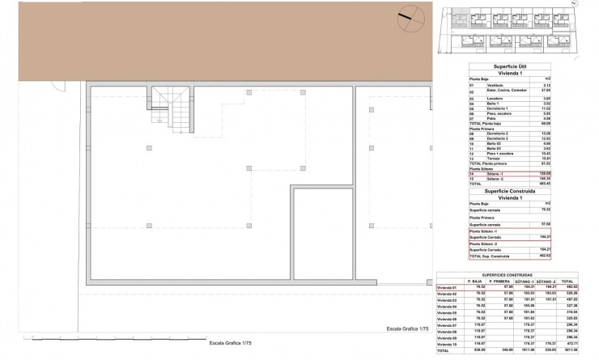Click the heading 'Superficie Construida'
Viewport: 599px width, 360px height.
pos(511,191)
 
